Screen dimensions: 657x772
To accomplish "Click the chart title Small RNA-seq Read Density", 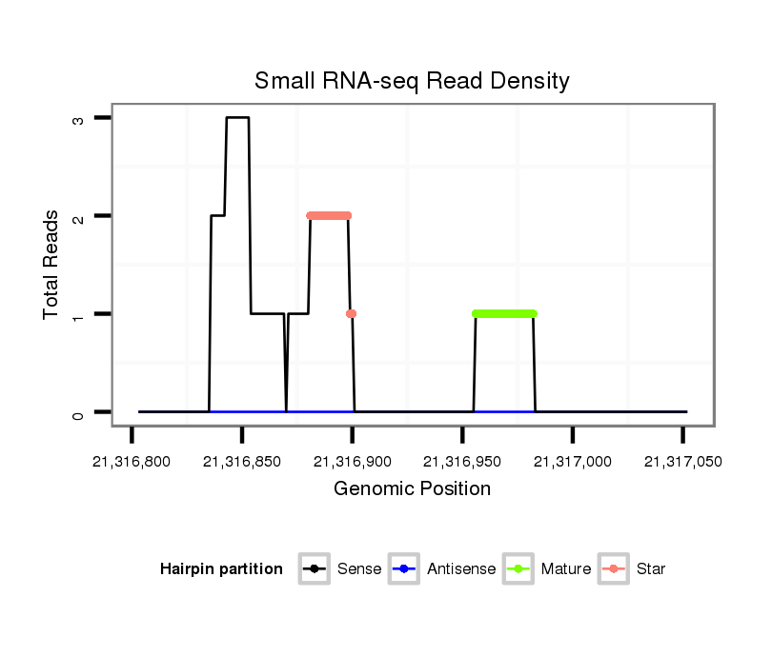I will click(412, 81).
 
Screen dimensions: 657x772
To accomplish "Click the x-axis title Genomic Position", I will click(412, 489).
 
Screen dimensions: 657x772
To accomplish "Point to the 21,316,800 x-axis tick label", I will click(132, 462).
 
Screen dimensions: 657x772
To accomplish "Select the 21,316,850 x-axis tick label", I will click(242, 462).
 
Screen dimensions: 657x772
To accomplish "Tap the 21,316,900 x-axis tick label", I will click(353, 462).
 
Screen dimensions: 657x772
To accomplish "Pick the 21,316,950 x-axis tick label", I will click(462, 462).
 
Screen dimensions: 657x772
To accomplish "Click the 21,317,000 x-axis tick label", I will click(573, 462).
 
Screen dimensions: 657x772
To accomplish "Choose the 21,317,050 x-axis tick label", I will click(682, 462).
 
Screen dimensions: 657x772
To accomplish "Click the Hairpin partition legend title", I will click(221, 569).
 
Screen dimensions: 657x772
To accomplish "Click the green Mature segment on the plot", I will click(504, 313).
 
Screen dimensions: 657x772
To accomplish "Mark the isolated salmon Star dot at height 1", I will click(352, 313).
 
